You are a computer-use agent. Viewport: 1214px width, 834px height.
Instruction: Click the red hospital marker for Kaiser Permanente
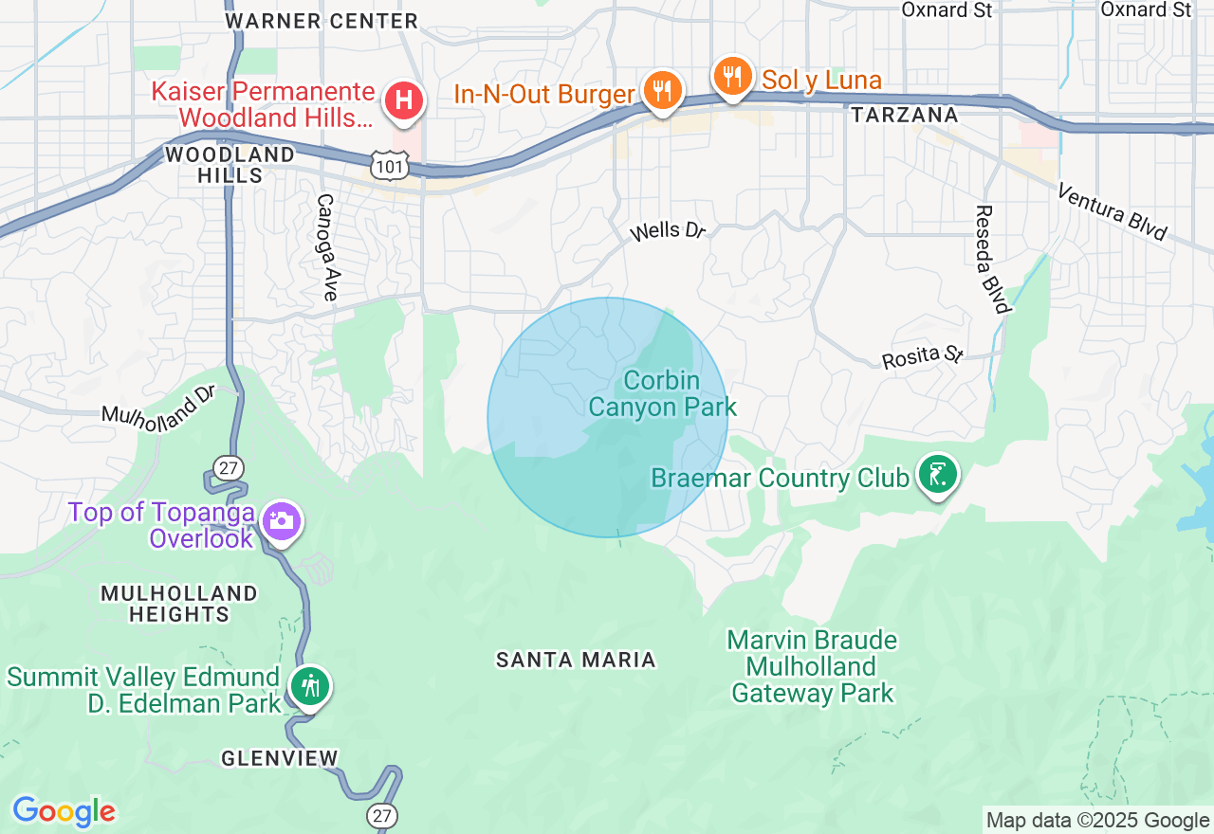point(403,100)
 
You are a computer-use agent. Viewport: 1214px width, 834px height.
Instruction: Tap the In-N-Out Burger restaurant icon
point(662,91)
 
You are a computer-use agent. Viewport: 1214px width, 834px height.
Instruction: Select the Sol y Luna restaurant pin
point(732,76)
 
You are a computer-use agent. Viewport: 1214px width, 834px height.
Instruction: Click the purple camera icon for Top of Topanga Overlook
point(282,520)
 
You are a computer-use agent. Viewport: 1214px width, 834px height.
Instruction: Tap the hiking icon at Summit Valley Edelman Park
point(310,685)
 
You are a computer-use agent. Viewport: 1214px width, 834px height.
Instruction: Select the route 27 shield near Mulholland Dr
point(228,467)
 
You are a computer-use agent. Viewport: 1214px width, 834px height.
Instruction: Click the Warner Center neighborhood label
point(322,20)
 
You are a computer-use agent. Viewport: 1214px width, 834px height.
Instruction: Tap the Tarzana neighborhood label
point(904,115)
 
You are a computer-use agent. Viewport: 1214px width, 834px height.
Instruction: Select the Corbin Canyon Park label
point(662,394)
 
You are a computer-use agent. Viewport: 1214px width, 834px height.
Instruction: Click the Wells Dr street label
point(669,230)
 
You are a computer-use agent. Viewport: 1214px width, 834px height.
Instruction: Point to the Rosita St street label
point(922,356)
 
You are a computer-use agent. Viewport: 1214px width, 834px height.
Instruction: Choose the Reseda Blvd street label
point(991,259)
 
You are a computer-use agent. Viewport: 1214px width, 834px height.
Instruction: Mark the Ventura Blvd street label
point(1113,212)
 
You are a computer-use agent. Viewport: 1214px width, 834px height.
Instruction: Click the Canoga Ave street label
point(326,247)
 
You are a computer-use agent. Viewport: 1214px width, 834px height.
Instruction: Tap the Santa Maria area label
point(576,660)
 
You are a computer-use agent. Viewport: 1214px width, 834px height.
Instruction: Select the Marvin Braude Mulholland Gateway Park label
point(812,666)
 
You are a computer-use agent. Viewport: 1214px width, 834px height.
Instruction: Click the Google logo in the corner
point(64,812)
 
